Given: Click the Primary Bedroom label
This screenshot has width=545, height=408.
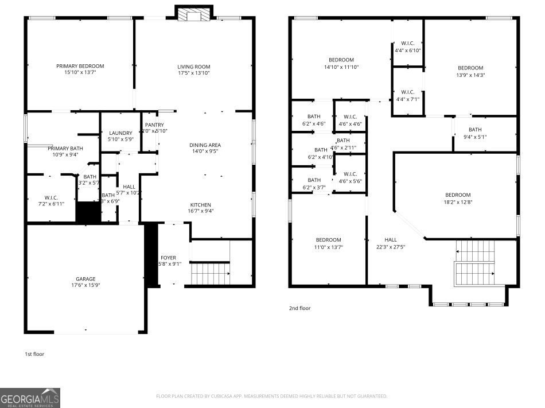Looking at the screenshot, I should (x=80, y=66).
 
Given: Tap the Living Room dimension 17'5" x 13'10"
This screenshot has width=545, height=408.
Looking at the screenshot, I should (x=193, y=73).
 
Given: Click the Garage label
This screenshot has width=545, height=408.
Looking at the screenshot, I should (x=85, y=278).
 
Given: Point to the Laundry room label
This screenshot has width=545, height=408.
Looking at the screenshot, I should (x=120, y=133).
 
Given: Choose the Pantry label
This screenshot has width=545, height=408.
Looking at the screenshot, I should (x=154, y=125).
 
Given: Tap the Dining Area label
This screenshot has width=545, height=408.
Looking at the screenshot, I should (x=205, y=145).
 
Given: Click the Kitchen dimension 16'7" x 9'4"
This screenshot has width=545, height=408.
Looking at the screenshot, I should (x=201, y=211).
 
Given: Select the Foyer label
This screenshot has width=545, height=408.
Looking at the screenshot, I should (x=168, y=258).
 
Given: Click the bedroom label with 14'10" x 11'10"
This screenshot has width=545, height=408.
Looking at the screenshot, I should (x=341, y=60).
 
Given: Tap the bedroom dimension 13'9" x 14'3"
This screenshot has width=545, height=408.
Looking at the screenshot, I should (x=470, y=75).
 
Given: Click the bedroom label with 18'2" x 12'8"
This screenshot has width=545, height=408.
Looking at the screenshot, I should (x=458, y=195).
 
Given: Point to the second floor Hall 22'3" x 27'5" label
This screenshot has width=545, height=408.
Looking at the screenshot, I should (x=390, y=239).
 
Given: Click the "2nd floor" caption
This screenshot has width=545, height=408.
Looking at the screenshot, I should (x=299, y=308).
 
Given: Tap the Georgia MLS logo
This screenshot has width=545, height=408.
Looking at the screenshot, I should (x=30, y=398).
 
